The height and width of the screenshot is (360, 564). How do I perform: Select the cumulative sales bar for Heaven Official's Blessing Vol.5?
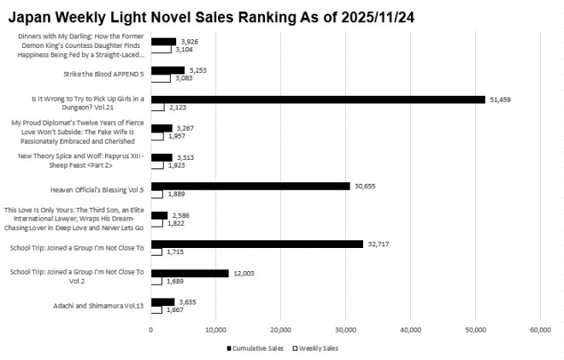coord(250,186)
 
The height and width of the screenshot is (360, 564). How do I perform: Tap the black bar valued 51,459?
coord(318,99)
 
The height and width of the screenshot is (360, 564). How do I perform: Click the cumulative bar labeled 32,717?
coord(257,244)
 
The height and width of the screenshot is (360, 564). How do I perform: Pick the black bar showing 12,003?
coord(190,273)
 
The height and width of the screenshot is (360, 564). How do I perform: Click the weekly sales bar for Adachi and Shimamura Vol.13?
coord(156,310)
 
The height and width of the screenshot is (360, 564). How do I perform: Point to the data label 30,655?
coord(365,186)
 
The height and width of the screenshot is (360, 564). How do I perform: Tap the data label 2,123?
coord(179,108)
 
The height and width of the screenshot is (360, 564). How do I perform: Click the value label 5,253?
coord(199,70)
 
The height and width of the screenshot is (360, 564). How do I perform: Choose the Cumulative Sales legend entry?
coord(255,348)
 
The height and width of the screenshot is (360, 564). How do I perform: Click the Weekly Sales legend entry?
coord(318,348)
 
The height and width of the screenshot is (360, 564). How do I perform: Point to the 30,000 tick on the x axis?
coord(345,329)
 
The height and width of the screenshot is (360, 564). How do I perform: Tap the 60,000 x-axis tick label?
coord(540,329)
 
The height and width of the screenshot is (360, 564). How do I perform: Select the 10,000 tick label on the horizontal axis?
coord(215,329)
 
